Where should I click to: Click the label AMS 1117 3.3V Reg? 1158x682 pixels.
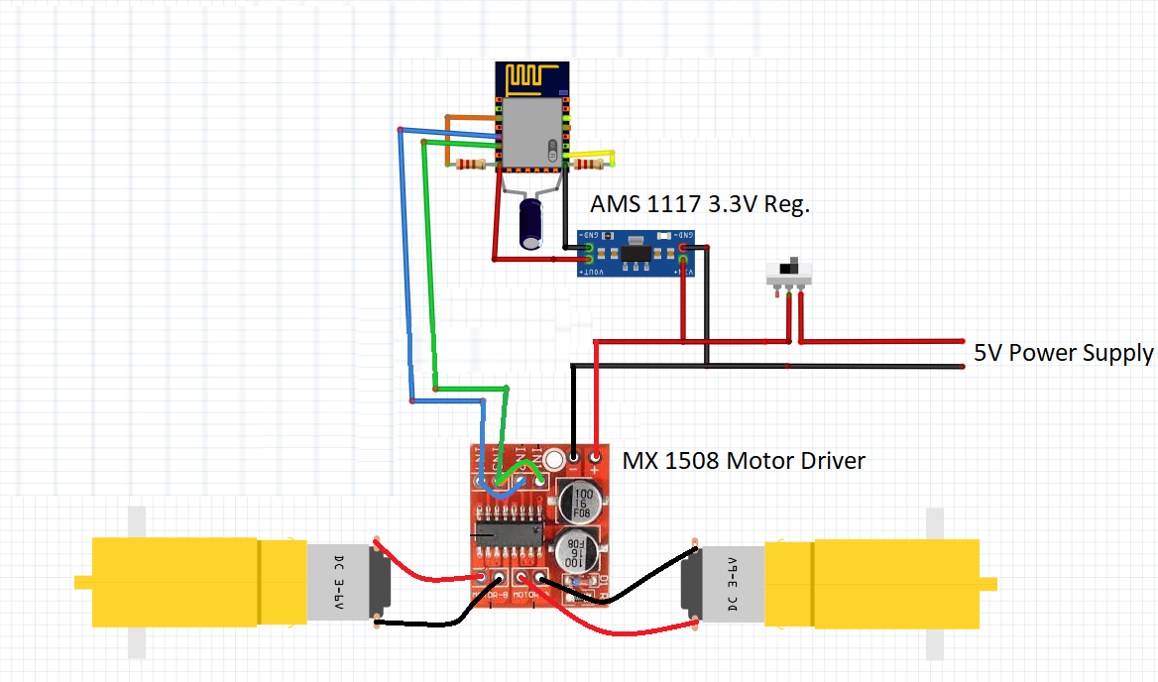(700, 205)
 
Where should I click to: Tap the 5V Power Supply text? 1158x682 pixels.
(1063, 353)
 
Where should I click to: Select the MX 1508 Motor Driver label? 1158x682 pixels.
(744, 461)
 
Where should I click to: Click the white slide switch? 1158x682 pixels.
(790, 274)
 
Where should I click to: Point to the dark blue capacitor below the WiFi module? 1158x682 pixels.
(533, 224)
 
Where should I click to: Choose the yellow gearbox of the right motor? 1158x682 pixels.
(892, 582)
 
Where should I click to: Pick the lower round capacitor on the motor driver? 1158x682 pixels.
(575, 547)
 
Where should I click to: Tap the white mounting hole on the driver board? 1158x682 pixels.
(553, 460)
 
